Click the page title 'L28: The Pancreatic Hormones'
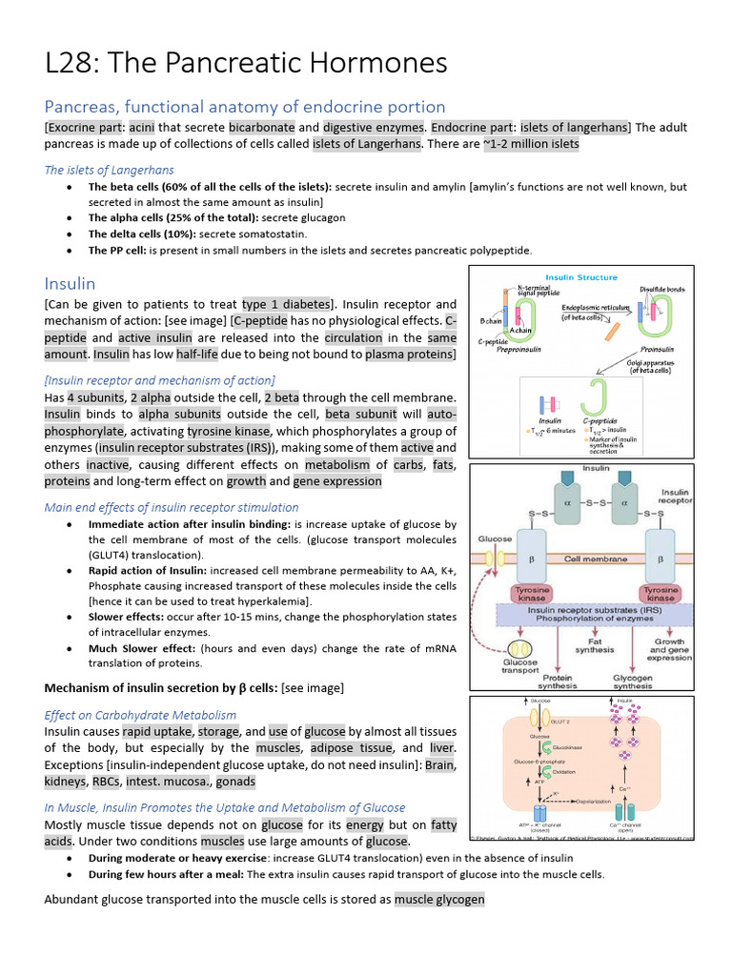click(246, 63)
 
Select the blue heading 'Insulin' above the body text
click(70, 283)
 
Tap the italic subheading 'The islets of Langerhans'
click(110, 170)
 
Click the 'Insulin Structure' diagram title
click(580, 277)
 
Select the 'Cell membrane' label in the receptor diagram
click(596, 559)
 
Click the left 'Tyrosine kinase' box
click(532, 594)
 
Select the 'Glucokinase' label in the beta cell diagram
click(568, 748)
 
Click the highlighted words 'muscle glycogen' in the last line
click(439, 899)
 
